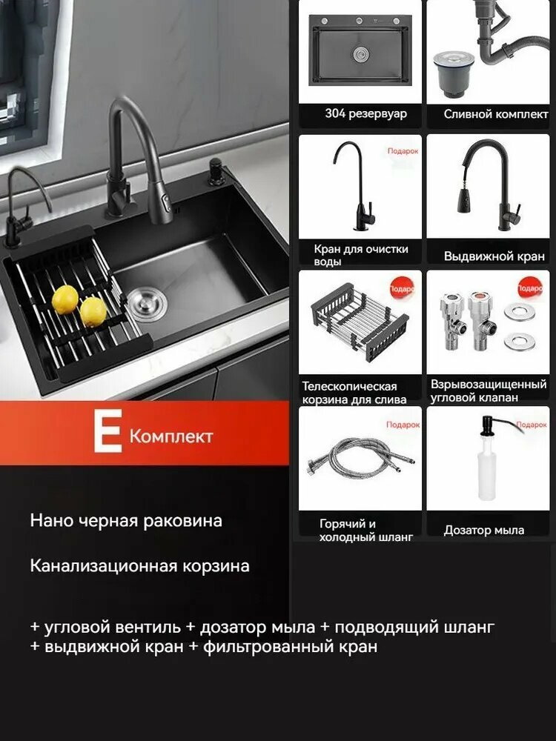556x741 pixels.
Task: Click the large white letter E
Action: tap(107, 433)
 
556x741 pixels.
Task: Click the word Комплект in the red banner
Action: tap(171, 436)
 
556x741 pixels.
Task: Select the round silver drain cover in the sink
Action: tap(141, 302)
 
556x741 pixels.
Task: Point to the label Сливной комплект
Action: tap(496, 114)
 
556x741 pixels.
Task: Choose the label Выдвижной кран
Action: tap(494, 256)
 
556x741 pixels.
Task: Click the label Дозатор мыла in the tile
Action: tap(484, 530)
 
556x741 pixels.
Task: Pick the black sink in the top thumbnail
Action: tap(360, 55)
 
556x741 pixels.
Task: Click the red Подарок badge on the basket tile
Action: tap(403, 288)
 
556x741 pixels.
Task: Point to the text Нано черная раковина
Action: tap(126, 520)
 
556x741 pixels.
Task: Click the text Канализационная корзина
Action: tap(139, 566)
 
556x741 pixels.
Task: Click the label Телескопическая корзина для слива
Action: tap(354, 393)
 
